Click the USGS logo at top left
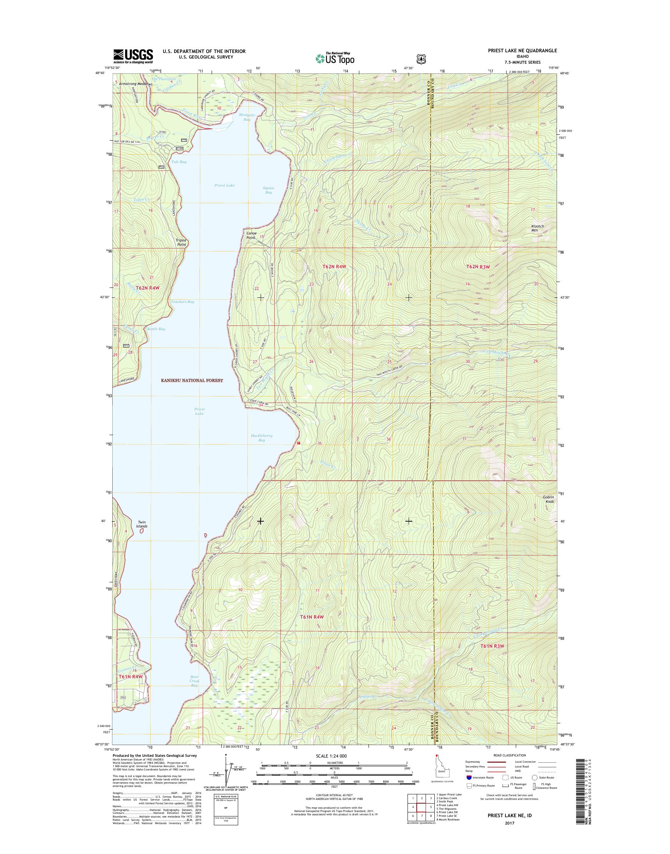pos(133,56)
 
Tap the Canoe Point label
pos(251,235)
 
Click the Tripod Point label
pos(181,242)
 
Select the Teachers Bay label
pos(182,302)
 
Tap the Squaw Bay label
pos(268,190)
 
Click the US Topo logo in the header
pos(335,59)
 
